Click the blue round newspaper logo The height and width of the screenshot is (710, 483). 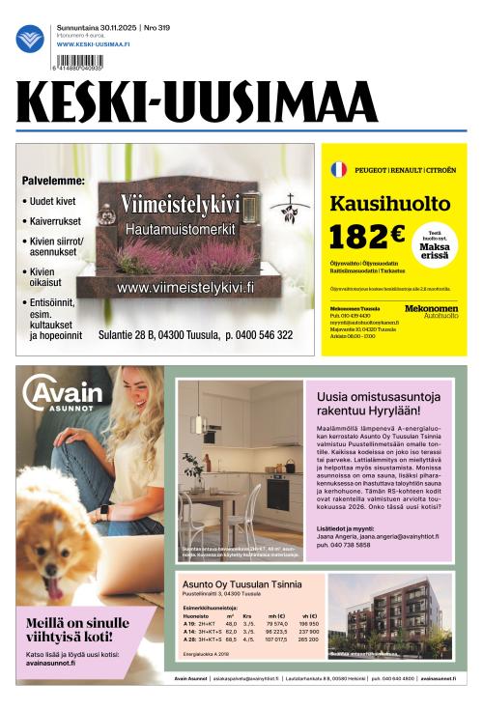tap(30, 39)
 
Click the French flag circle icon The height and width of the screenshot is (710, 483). tap(338, 169)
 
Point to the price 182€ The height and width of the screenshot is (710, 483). tap(367, 237)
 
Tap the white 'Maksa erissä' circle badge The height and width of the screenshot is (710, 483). tap(434, 242)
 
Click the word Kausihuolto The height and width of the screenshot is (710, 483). tap(389, 204)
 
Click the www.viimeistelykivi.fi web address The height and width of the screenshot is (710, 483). tap(185, 287)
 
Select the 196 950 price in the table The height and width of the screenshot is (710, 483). tap(309, 624)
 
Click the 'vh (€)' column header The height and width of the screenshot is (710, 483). tap(309, 615)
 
